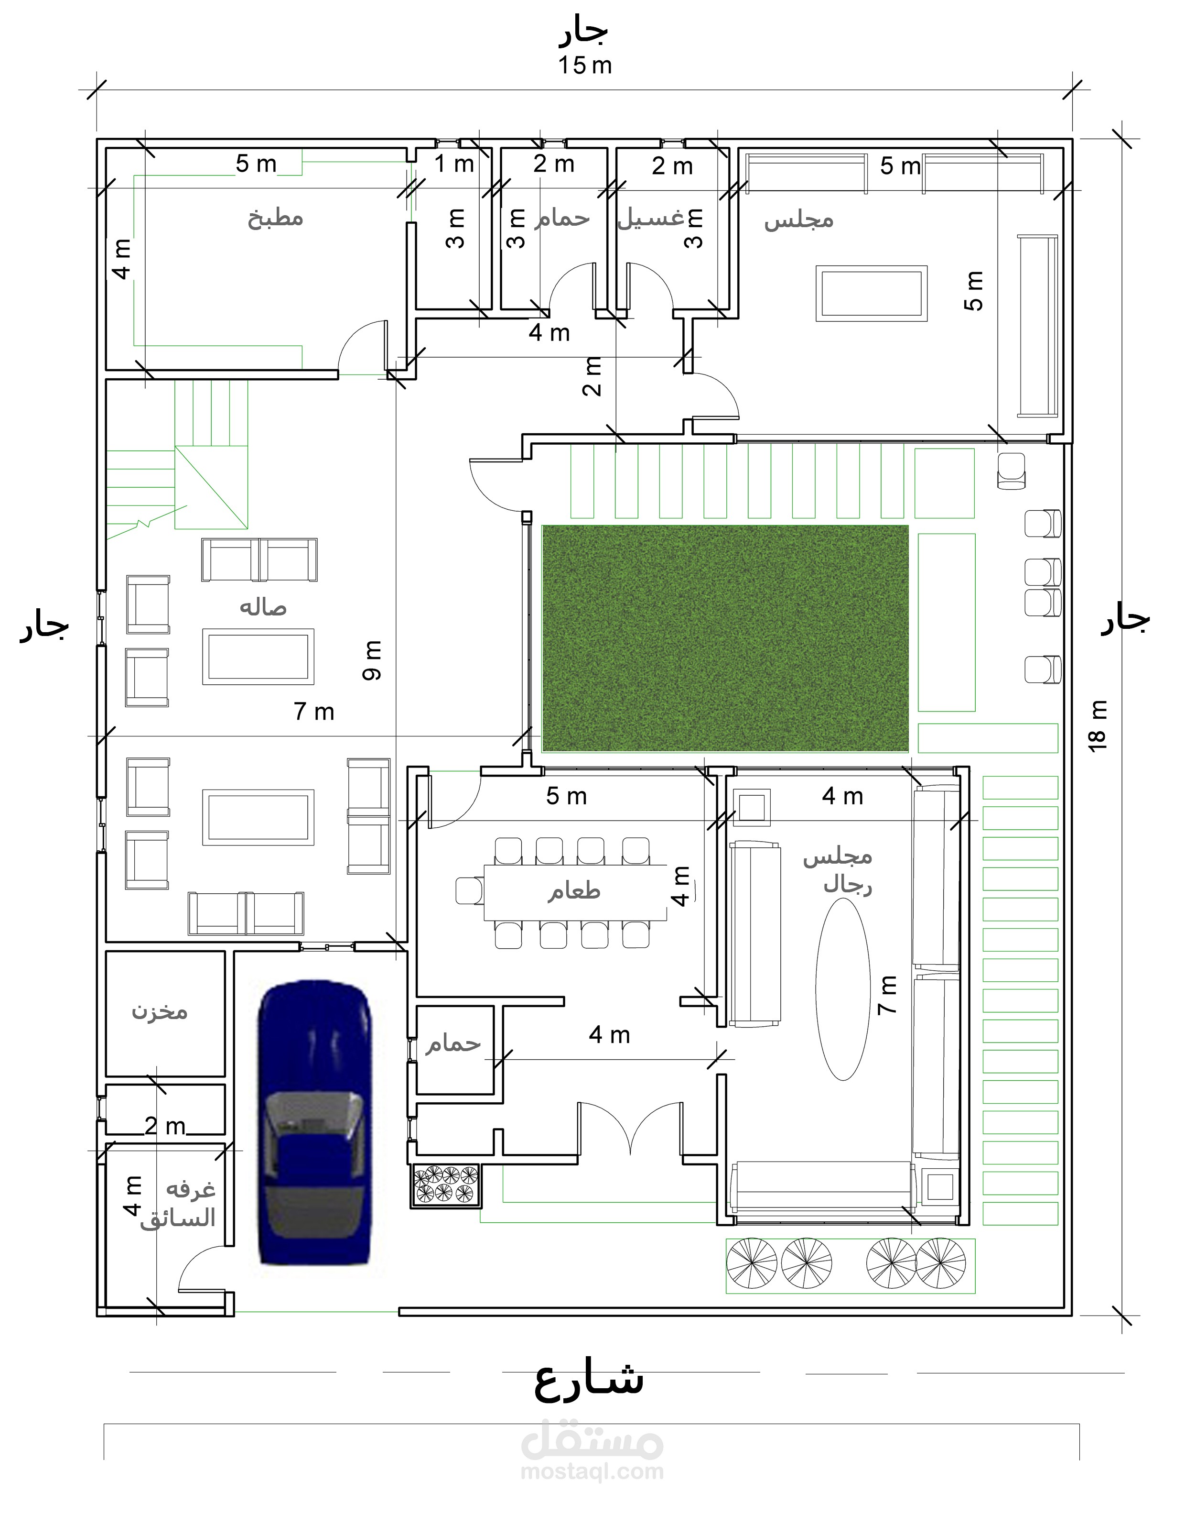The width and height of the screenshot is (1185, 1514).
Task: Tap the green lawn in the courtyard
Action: pos(725,638)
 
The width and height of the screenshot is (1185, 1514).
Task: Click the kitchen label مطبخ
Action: pos(275,219)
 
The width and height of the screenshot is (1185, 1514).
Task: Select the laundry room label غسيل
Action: pos(651,219)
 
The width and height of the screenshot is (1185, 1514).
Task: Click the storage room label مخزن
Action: pos(160,1011)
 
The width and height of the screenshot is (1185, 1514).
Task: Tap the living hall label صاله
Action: pos(263,607)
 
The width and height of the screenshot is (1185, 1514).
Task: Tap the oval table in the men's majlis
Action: pos(842,989)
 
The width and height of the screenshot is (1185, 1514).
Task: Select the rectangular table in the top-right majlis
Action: pos(872,293)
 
